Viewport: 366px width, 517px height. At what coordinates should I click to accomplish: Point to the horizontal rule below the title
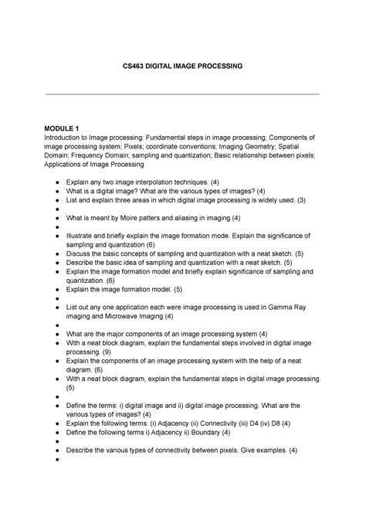click(183, 94)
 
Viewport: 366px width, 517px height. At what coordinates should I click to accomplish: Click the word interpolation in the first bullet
click(153, 180)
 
